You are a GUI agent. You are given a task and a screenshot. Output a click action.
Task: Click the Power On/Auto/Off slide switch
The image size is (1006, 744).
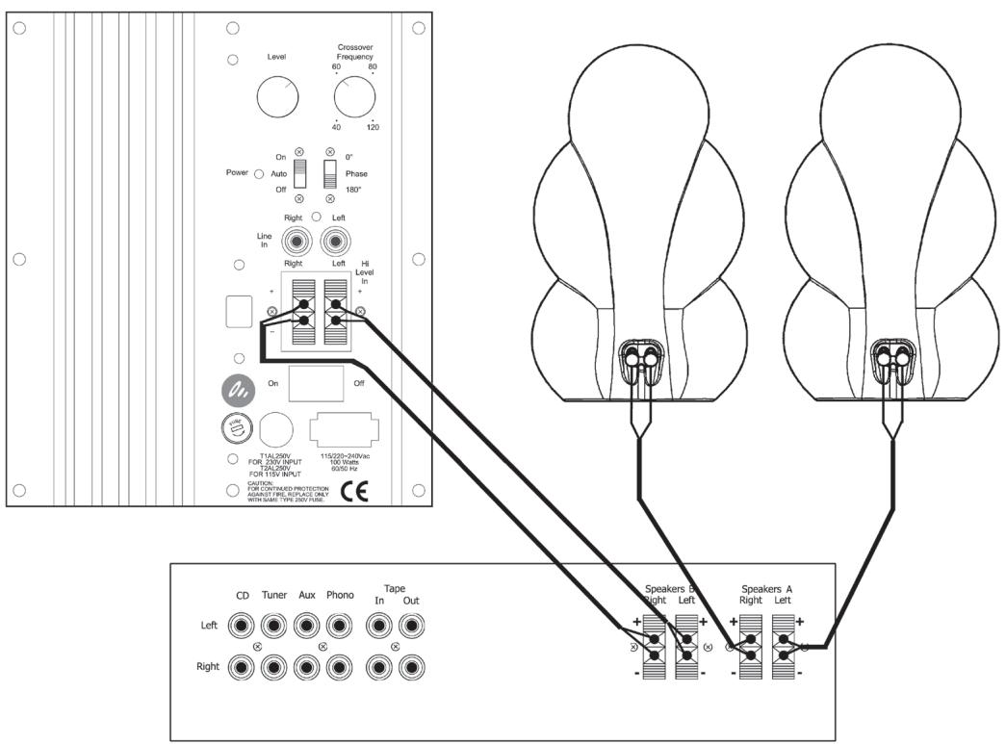point(299,174)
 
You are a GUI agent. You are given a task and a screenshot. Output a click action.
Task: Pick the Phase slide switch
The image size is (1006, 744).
point(330,174)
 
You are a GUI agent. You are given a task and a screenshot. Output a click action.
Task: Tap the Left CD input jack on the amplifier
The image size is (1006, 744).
point(243,627)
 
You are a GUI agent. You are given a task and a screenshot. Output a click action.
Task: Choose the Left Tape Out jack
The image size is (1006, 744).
point(412,627)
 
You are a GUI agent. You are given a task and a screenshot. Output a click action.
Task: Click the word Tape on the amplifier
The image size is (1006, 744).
point(395,587)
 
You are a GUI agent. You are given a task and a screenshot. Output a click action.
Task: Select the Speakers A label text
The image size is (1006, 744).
point(767,587)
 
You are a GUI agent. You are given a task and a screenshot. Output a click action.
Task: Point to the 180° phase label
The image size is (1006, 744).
point(355,190)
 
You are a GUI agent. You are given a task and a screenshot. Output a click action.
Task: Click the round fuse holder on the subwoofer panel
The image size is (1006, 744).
point(234,427)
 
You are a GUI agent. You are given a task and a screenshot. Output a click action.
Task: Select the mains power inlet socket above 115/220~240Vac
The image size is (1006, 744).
point(342,427)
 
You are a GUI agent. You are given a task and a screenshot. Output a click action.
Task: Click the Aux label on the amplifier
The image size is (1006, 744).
point(306,596)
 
